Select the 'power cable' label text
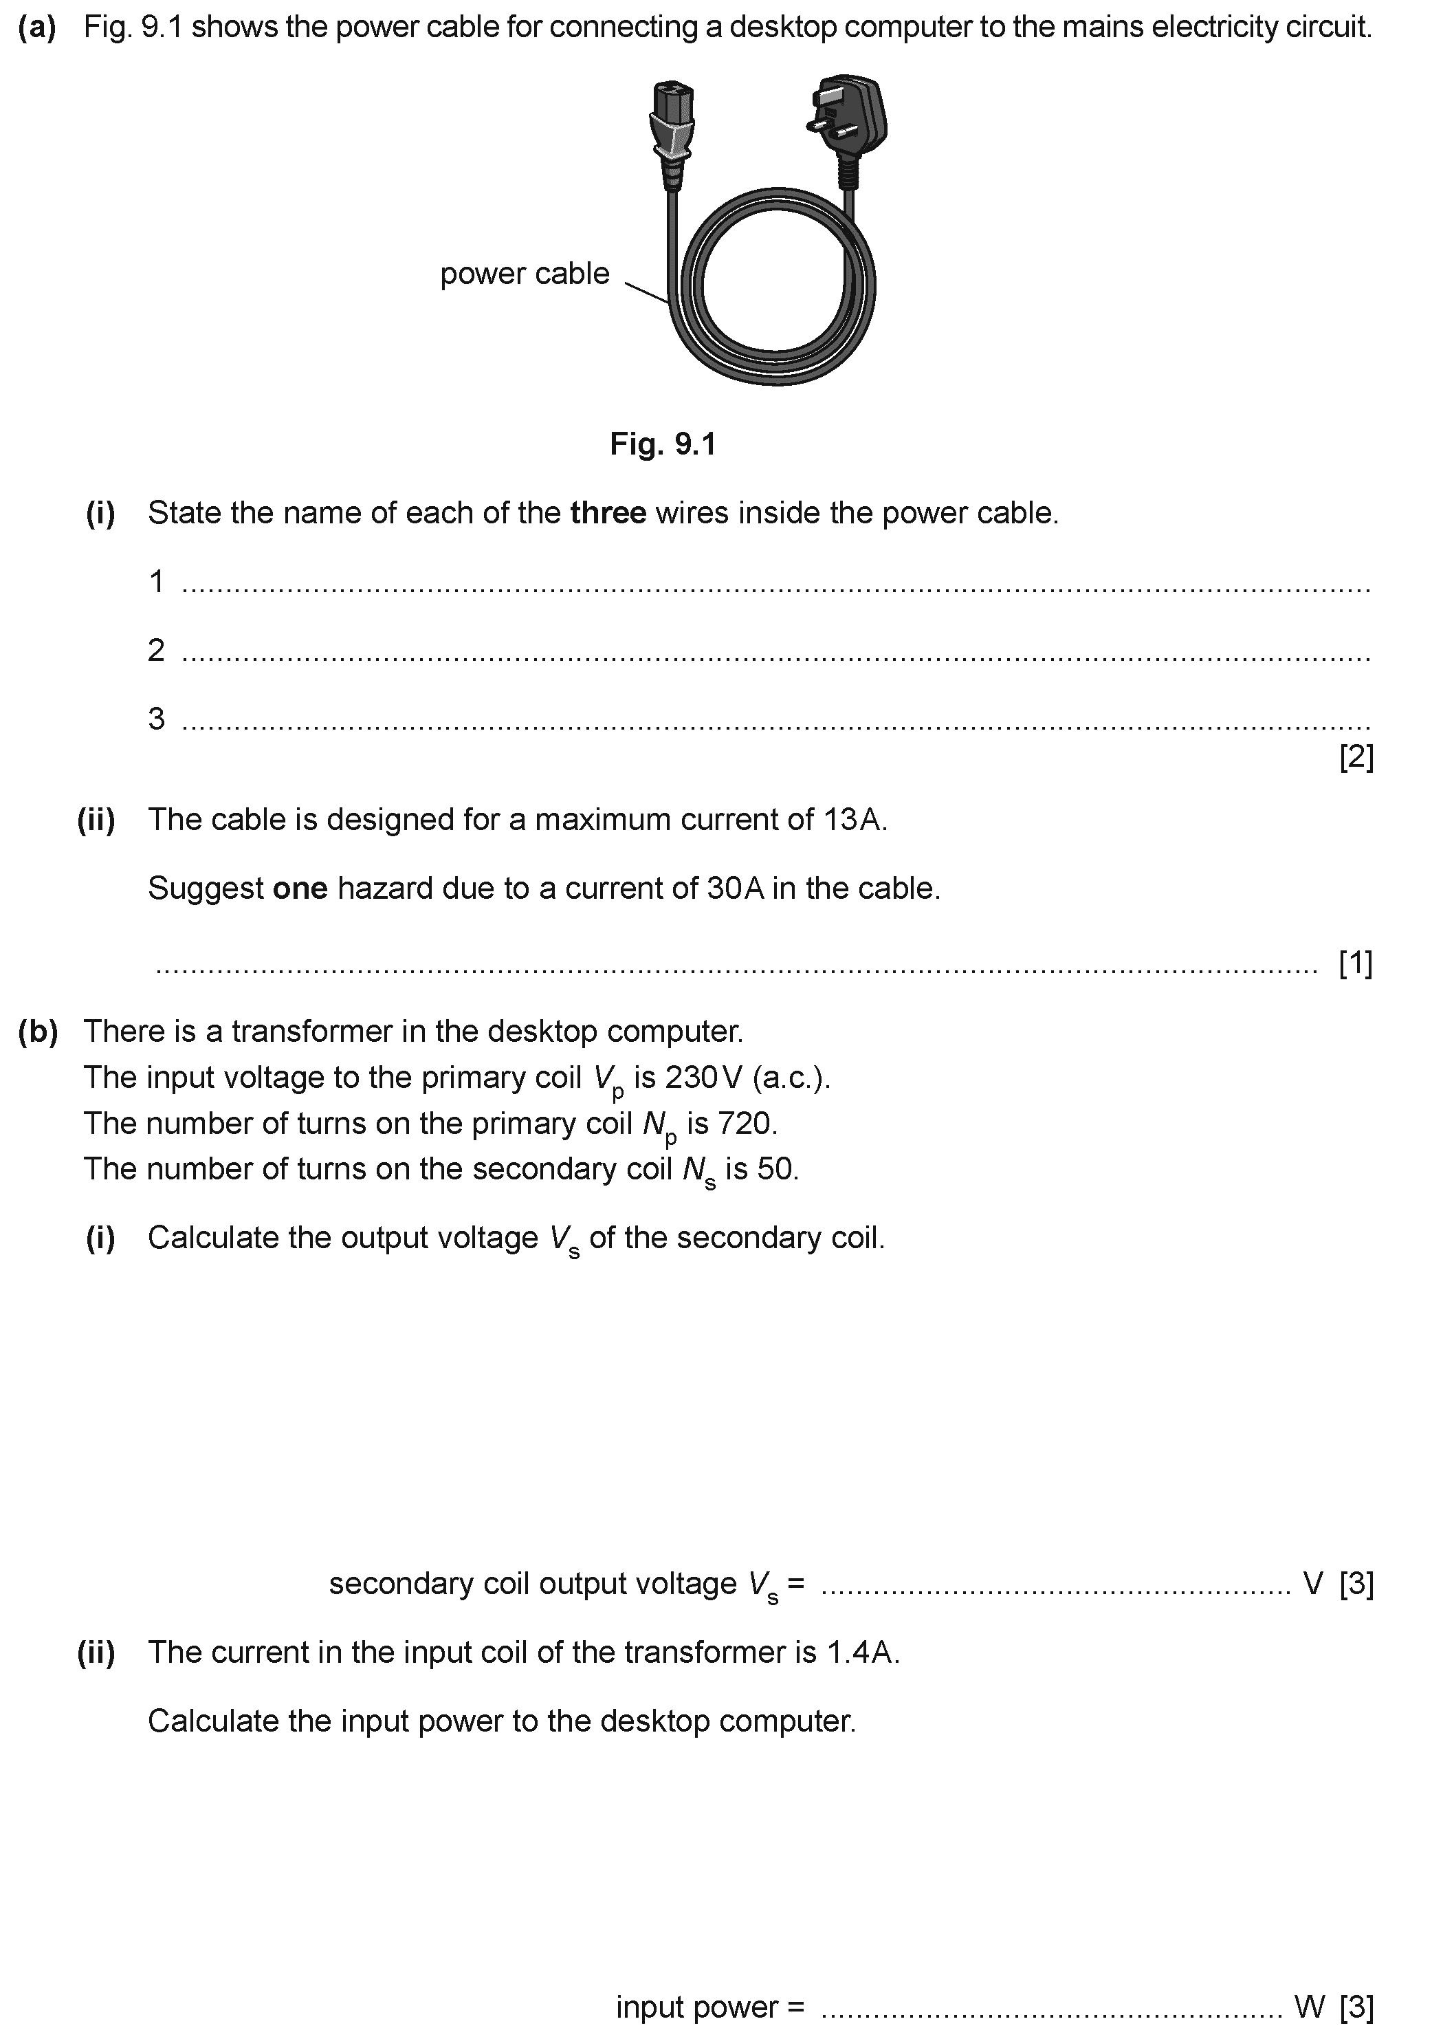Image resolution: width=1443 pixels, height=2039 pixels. pos(525,274)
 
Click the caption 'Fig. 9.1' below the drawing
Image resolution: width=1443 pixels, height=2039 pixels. pos(663,443)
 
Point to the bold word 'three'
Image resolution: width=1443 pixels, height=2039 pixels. pos(608,513)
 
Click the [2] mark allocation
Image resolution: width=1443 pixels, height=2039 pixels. pos(1356,757)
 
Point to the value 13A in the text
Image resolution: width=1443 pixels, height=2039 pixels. pos(854,820)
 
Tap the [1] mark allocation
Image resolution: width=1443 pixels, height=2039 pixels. pos(1356,963)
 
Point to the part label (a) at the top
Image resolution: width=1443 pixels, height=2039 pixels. pos(37,28)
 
